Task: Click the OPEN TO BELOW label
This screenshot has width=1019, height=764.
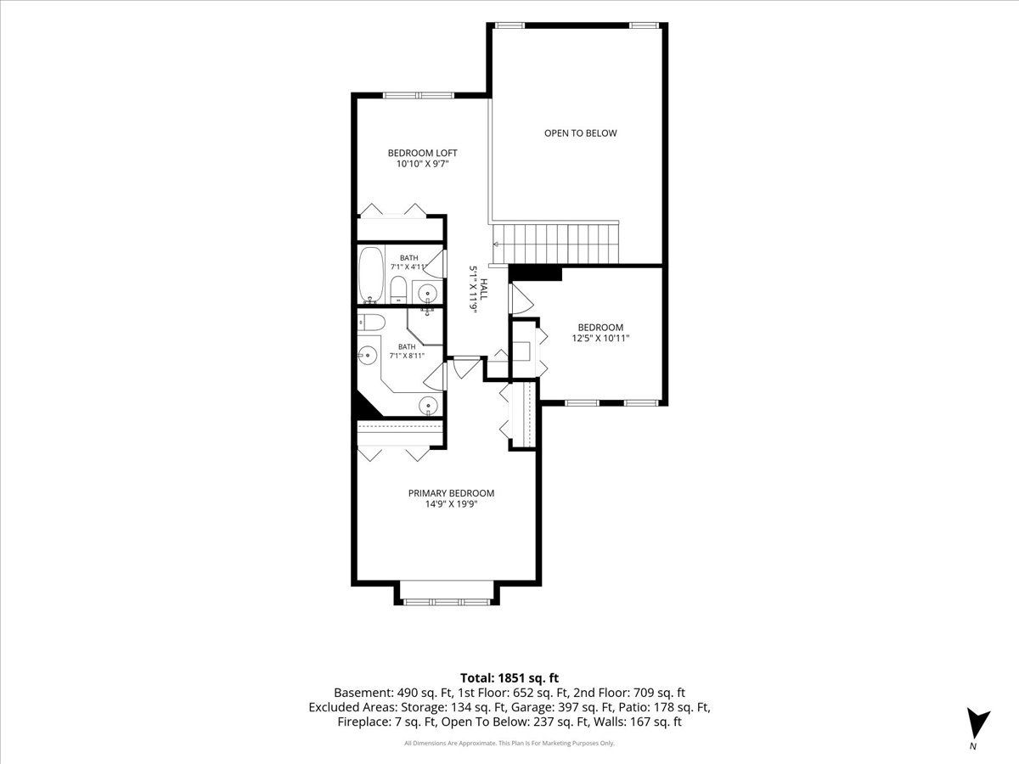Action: point(580,133)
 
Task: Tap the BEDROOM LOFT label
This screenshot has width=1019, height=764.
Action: point(422,153)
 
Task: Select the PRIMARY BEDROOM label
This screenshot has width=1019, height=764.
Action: point(451,493)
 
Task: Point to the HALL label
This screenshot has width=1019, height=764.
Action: point(484,289)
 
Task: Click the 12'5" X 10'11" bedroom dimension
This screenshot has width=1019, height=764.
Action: point(600,338)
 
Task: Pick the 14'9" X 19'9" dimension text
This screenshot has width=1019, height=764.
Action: point(451,504)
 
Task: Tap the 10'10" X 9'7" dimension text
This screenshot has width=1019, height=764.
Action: point(422,164)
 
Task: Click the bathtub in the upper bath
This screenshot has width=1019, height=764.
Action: point(371,274)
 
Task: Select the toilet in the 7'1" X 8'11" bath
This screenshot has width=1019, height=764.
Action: point(371,323)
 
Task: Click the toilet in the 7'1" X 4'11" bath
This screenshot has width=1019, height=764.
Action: point(398,289)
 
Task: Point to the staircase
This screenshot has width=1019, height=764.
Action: point(555,244)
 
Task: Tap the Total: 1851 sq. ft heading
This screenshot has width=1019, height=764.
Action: point(509,677)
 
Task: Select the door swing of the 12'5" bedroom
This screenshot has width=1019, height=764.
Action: point(521,299)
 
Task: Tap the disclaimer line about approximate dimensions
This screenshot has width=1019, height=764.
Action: point(509,744)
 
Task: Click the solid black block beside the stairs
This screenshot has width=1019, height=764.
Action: point(536,272)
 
